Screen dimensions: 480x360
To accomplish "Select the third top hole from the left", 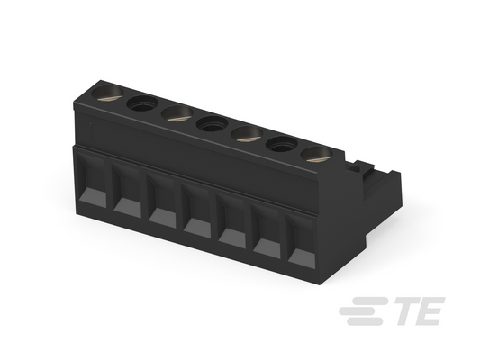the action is (177, 113).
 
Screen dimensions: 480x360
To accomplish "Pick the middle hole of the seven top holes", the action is (213, 124).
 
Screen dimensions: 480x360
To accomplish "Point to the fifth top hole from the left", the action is (247, 134).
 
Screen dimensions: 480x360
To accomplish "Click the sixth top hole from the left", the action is (282, 144).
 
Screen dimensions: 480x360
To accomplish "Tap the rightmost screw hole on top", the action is (316, 155).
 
